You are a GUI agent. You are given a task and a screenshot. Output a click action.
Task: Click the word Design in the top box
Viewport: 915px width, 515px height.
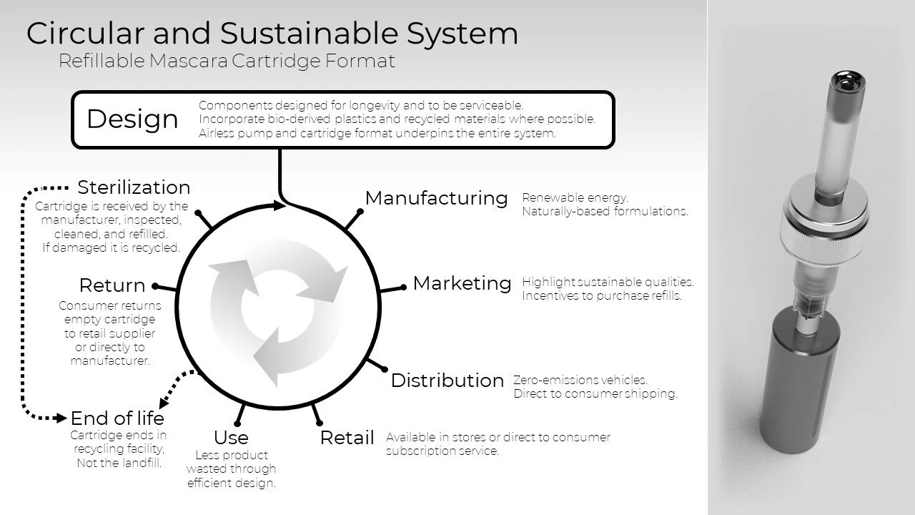132,119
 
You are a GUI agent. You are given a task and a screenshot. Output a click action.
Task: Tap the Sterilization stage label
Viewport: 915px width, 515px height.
134,187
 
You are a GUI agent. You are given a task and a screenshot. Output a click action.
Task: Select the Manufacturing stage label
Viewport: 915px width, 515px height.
436,198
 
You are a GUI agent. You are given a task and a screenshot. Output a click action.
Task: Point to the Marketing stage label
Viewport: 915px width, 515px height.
462,283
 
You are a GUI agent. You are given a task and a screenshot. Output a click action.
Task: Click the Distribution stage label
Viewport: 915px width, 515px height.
447,381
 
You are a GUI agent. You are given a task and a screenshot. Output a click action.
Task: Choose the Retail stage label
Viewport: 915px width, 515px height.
347,438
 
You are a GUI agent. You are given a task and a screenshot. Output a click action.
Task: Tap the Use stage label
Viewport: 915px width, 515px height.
231,438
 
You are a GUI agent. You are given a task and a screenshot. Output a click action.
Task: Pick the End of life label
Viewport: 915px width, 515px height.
117,418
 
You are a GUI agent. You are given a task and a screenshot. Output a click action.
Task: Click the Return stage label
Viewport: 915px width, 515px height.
112,285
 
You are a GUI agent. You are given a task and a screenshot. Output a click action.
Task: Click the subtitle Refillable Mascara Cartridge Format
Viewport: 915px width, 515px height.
227,62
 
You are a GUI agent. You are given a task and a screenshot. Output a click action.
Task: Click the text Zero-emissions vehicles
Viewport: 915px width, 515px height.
580,380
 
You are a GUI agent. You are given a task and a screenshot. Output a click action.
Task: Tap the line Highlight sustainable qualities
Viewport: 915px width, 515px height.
608,282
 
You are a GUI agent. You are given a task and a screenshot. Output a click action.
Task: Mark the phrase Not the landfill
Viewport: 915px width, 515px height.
119,463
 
